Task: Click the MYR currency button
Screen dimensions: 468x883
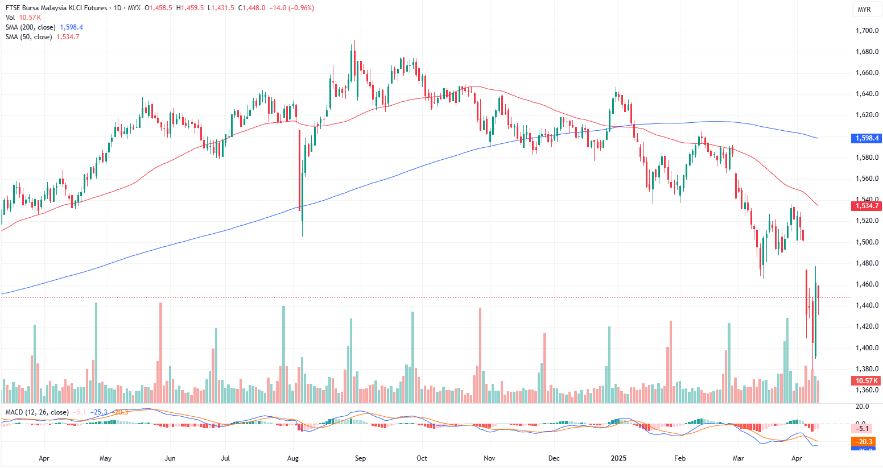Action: point(864,10)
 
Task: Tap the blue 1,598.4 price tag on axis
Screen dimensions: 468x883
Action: point(867,138)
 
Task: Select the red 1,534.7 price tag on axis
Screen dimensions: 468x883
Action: point(867,206)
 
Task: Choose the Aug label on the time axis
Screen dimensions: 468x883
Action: point(293,458)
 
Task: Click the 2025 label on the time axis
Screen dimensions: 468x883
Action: point(618,458)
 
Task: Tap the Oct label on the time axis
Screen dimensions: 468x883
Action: point(422,458)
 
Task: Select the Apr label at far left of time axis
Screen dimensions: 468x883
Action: point(44,458)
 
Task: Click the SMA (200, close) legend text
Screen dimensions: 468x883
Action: point(31,27)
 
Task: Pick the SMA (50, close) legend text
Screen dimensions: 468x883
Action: point(28,37)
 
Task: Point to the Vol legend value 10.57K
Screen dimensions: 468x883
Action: point(30,18)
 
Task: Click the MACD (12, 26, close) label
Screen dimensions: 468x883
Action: point(37,412)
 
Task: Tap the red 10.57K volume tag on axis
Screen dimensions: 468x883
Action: point(867,381)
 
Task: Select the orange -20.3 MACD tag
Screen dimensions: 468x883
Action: point(863,442)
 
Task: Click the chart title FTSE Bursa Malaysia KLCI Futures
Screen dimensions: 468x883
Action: point(55,8)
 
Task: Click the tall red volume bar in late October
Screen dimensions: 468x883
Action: point(480,355)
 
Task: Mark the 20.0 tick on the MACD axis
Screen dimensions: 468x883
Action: point(863,407)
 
